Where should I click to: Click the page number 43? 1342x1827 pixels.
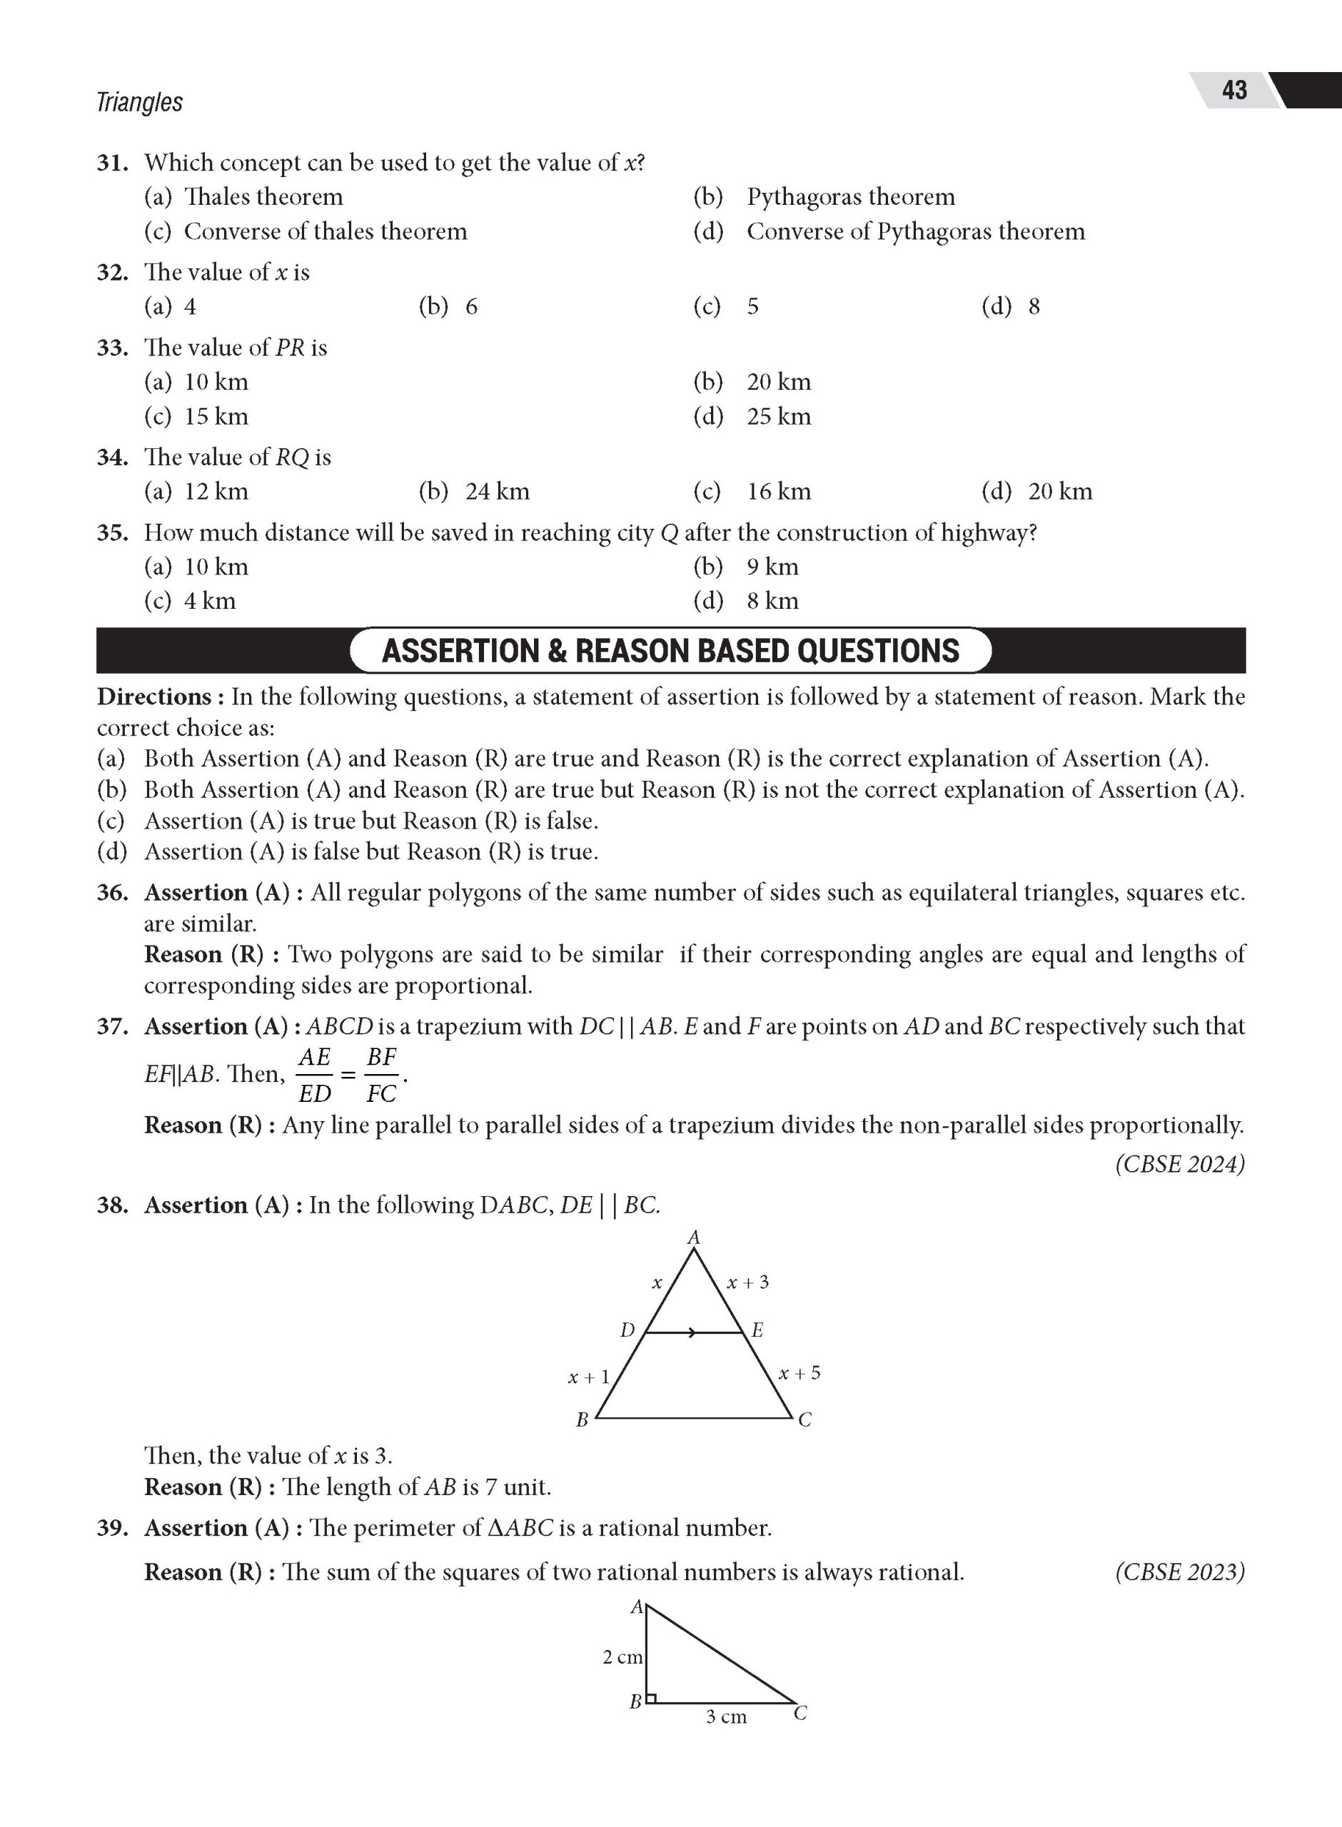click(x=1233, y=89)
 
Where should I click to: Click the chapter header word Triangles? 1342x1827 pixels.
click(x=139, y=102)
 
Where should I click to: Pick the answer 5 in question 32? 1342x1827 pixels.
click(x=752, y=307)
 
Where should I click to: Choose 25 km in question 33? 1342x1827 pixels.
click(x=778, y=417)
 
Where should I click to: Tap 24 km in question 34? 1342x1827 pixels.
click(x=496, y=492)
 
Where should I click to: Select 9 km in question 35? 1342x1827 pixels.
click(x=772, y=567)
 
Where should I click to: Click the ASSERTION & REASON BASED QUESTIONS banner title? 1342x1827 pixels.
click(x=670, y=651)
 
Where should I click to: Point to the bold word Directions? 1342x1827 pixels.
click(x=154, y=697)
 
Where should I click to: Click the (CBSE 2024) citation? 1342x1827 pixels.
click(x=1179, y=1165)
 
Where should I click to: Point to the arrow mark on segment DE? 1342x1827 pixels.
click(x=690, y=1332)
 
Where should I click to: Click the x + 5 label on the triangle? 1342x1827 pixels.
click(x=799, y=1373)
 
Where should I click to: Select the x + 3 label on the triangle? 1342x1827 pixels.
click(x=747, y=1282)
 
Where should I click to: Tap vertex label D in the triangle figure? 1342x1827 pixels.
click(x=626, y=1330)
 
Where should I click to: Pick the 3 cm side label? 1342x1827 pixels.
click(x=725, y=1716)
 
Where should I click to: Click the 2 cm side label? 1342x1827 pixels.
click(x=622, y=1657)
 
